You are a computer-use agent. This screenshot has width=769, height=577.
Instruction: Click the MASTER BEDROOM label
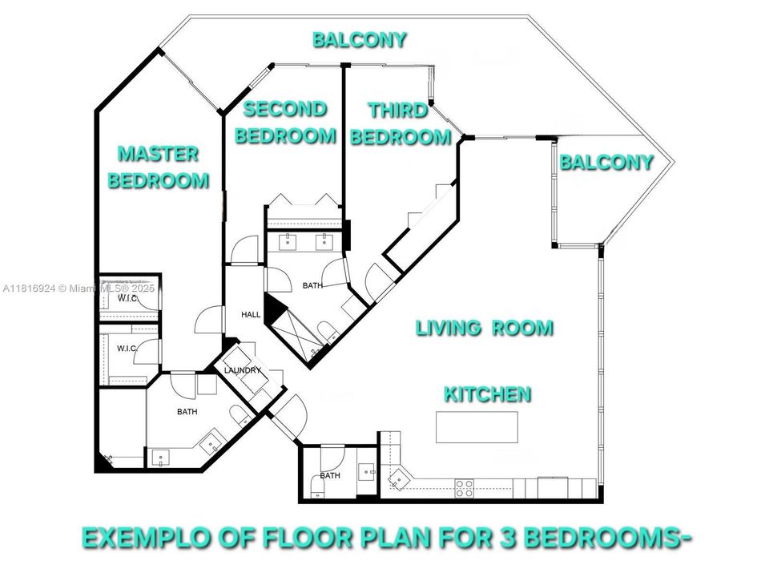coord(158,167)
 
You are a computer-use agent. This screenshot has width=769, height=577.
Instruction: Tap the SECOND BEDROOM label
coord(284,122)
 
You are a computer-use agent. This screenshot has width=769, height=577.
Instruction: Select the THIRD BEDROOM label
coord(400,123)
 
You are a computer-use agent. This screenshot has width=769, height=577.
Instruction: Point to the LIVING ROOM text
coord(484,328)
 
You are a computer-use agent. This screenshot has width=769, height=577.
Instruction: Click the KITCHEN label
coord(487,393)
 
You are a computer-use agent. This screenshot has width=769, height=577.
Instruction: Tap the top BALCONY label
coord(360,39)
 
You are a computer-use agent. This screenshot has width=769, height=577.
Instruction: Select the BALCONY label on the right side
coord(606,162)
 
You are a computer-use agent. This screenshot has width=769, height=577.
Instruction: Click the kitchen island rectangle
coord(477,427)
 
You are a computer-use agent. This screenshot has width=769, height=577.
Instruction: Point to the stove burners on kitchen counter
coord(465,487)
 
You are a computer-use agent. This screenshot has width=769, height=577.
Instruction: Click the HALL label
coord(251,315)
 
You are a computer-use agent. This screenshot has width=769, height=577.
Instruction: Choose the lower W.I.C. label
coord(127,348)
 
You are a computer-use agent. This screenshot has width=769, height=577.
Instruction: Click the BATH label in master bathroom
coord(187,412)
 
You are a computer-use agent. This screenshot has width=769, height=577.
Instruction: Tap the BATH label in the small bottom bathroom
coord(329,475)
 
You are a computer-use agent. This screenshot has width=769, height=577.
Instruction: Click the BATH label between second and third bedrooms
coord(312,285)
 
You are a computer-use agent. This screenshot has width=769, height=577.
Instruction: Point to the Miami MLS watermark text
coord(81,288)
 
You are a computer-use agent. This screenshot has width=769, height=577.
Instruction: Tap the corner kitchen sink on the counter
coord(398,479)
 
